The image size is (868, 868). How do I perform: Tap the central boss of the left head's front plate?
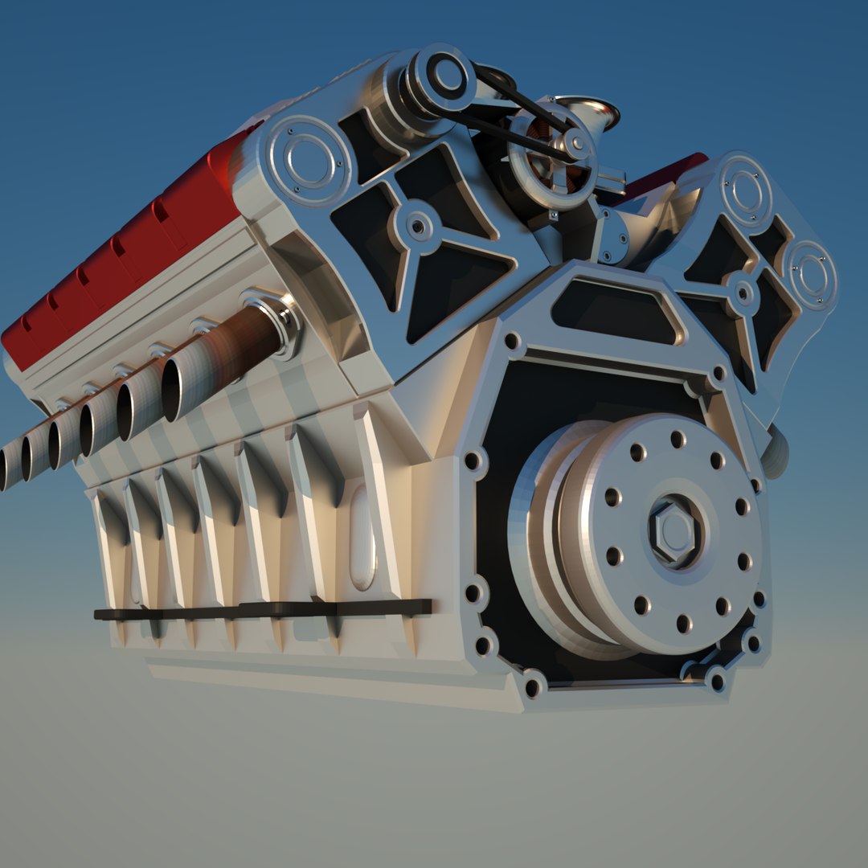pyautogui.click(x=418, y=226)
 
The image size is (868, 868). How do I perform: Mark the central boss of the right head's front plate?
pyautogui.click(x=743, y=294)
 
